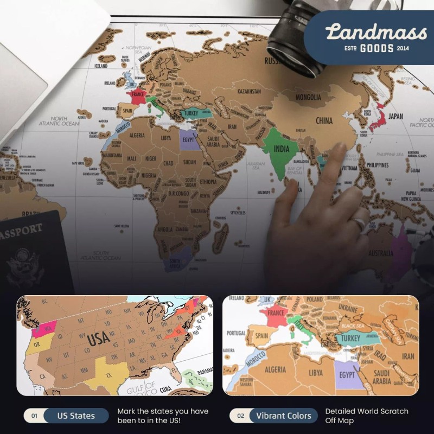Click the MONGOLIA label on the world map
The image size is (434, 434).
point(308,98)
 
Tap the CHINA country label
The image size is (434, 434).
point(324,120)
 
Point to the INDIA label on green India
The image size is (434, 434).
point(280,149)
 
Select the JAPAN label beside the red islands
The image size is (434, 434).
point(395,116)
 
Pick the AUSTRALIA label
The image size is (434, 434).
point(380,253)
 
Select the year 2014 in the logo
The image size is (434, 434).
point(402,48)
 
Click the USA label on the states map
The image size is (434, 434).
point(99,339)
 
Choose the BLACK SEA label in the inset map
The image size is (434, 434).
point(356,325)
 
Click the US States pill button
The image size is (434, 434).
point(76,416)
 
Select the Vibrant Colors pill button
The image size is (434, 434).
point(284,416)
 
